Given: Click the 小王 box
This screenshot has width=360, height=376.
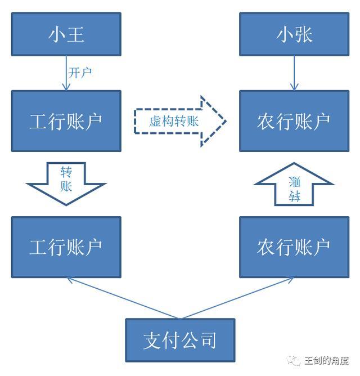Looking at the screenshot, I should click(66, 34).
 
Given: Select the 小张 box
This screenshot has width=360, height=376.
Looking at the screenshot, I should click(294, 34).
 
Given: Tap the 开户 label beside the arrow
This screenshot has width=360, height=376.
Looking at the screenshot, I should click(80, 73).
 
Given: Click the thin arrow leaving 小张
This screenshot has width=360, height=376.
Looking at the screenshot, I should click(294, 73).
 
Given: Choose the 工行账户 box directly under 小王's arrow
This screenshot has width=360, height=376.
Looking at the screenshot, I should click(66, 121).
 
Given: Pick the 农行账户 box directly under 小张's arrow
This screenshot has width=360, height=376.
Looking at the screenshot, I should click(294, 121).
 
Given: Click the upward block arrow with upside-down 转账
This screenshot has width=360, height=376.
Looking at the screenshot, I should click(294, 183).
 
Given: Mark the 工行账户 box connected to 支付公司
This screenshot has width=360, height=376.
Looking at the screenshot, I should click(66, 247).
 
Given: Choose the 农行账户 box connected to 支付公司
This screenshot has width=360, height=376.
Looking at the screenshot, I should click(294, 247).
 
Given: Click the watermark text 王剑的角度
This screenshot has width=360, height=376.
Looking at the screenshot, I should click(326, 361).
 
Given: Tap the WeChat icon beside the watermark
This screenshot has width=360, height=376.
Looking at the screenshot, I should click(294, 361).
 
